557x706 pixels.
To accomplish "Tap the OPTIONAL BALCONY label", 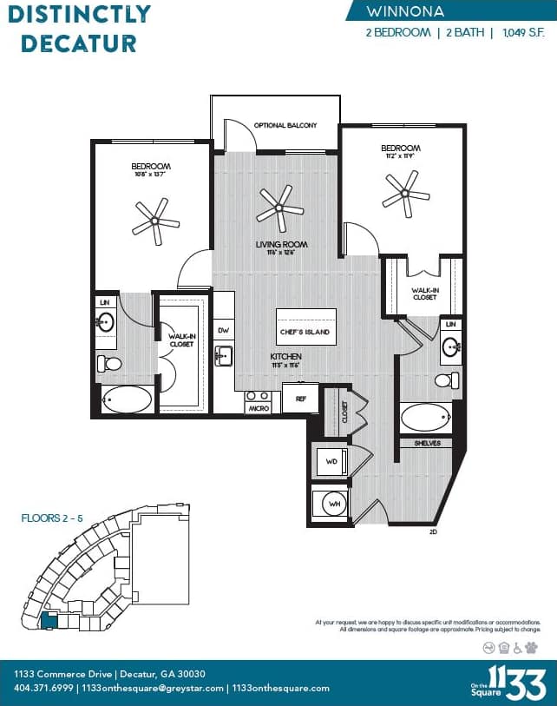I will pos(285,126).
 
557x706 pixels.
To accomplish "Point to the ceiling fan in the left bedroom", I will pos(155,220).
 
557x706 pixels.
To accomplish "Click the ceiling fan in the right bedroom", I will pos(406,193).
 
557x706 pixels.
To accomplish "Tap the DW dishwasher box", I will pos(224,330).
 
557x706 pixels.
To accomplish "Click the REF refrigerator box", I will pos(300,398).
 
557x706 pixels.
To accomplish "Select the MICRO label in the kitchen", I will pos(258,407).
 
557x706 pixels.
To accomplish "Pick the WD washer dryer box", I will pos(331,461).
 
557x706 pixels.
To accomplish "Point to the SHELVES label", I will pos(427,443).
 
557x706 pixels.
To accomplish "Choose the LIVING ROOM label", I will pos(281,245).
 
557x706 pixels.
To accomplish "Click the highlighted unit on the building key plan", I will pos(49,621).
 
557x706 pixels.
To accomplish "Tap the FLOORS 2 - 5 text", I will pos(52,518).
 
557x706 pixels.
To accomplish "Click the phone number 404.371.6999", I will pos(43,688).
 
